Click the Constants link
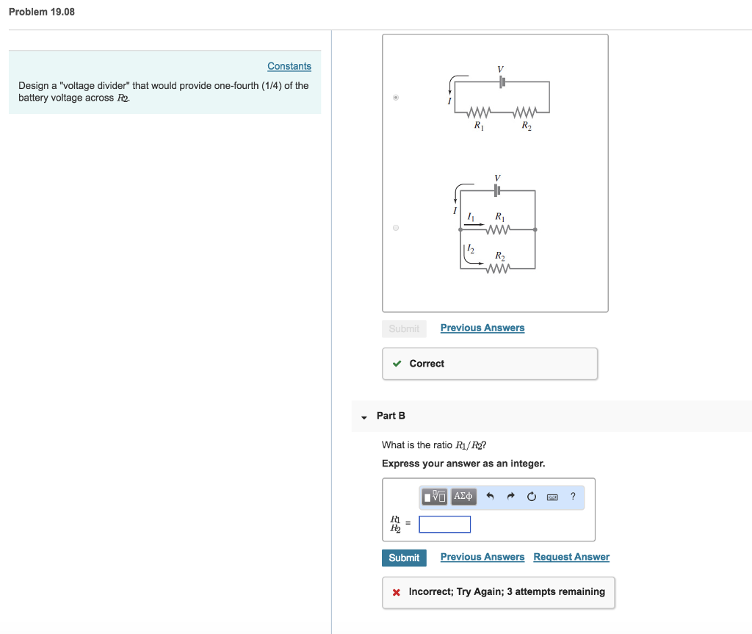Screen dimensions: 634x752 click(x=289, y=66)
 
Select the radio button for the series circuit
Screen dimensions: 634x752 click(x=396, y=97)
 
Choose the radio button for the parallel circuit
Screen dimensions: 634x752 click(x=396, y=228)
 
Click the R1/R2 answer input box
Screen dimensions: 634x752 click(x=445, y=525)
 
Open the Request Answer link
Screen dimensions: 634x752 click(x=571, y=557)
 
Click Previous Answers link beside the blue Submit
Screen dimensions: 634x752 click(x=482, y=557)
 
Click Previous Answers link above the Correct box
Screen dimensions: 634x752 click(x=482, y=328)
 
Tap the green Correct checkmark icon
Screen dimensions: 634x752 click(x=397, y=364)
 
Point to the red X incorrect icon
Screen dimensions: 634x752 click(x=396, y=592)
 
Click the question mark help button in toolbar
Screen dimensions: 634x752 click(x=573, y=497)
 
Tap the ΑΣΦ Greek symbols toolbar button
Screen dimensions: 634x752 click(x=464, y=497)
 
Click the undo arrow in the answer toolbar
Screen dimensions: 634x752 click(x=491, y=497)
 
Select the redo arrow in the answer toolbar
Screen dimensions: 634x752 click(x=512, y=497)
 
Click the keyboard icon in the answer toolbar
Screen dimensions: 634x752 click(x=552, y=497)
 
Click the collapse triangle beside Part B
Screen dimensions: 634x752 click(x=364, y=417)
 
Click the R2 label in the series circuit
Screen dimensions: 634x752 click(x=527, y=126)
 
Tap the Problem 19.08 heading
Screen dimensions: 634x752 click(x=42, y=12)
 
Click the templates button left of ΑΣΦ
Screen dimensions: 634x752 click(x=435, y=497)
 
